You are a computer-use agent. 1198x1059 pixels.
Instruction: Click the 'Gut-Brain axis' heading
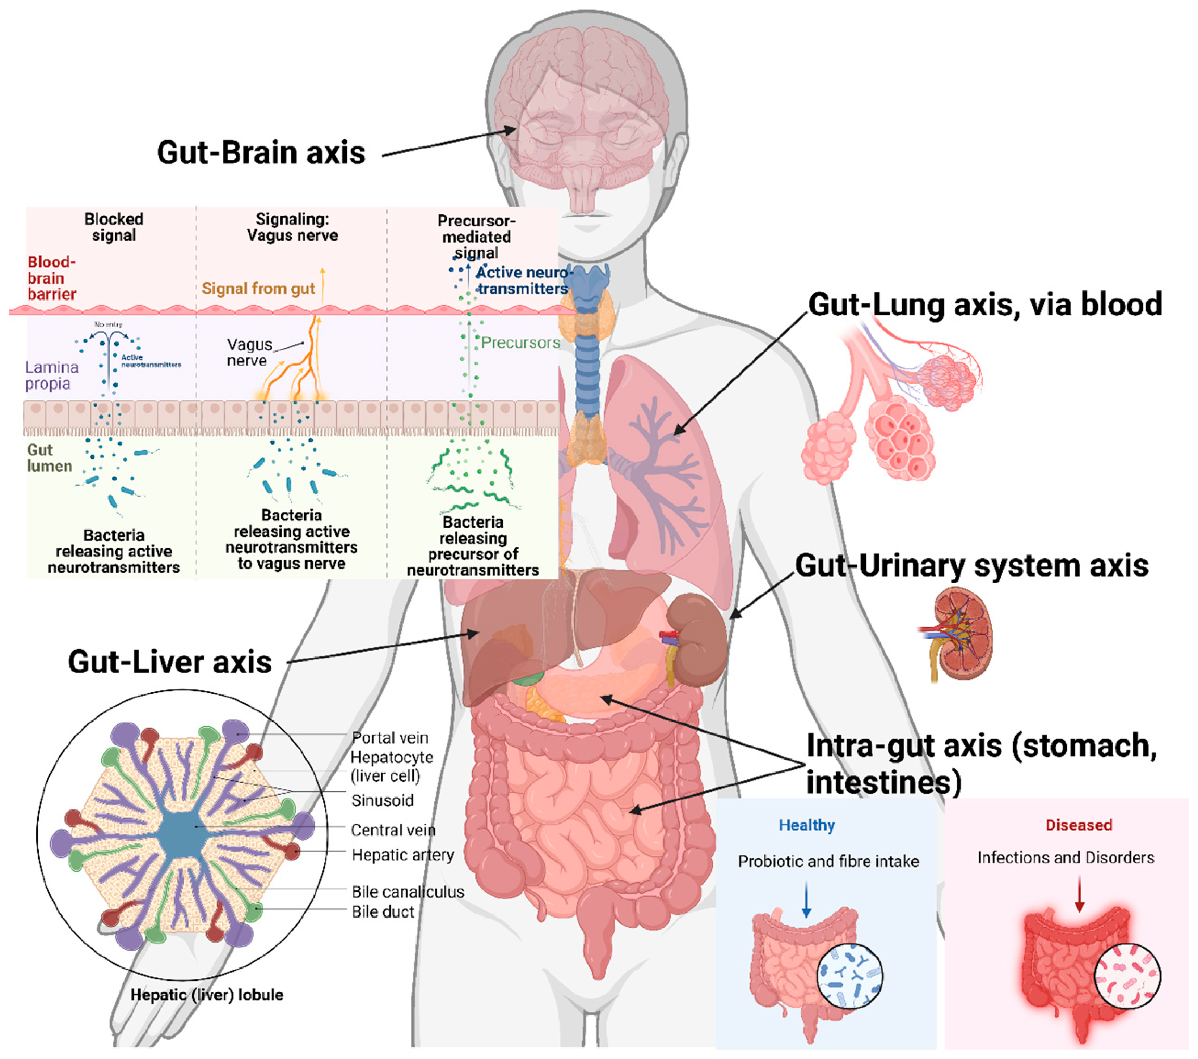pyautogui.click(x=261, y=153)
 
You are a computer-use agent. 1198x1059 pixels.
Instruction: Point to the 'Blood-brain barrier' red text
pyautogui.click(x=52, y=278)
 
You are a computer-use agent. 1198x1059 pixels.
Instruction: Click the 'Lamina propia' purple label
pyautogui.click(x=52, y=375)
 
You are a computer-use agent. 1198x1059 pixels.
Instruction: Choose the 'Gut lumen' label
pyautogui.click(x=49, y=458)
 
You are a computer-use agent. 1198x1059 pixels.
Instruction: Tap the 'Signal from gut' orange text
pyautogui.click(x=258, y=289)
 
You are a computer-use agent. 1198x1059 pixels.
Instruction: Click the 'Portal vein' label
pyautogui.click(x=390, y=737)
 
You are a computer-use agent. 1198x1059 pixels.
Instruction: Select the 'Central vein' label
pyautogui.click(x=393, y=830)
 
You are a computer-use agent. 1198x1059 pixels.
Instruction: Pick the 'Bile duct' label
pyautogui.click(x=382, y=911)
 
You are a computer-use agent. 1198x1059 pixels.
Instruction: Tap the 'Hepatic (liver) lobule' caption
pyautogui.click(x=206, y=995)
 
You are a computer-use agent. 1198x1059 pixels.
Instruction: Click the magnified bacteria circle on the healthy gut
pyautogui.click(x=849, y=975)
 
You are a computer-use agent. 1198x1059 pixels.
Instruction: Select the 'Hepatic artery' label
pyautogui.click(x=402, y=855)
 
